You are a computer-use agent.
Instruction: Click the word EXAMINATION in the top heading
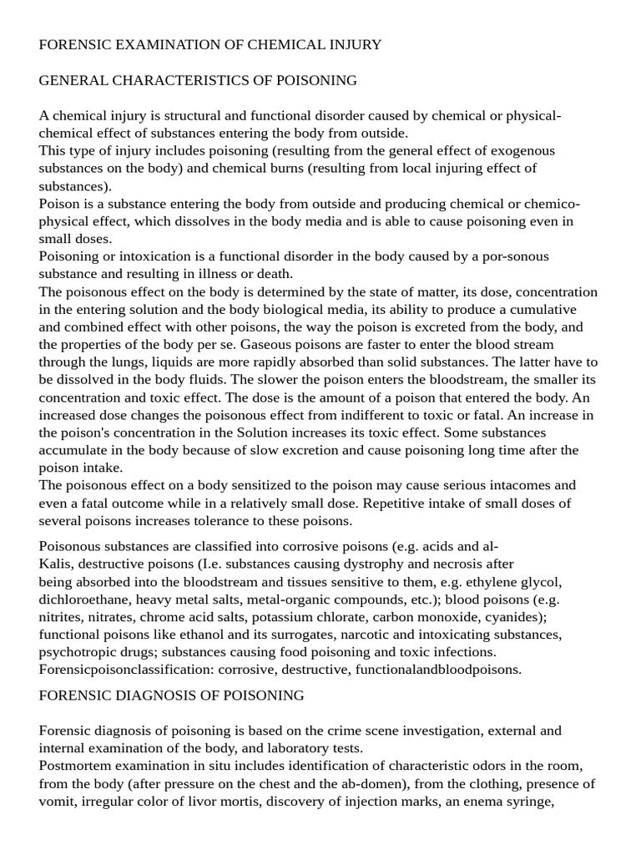(155, 45)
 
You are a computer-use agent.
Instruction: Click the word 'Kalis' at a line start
(55, 564)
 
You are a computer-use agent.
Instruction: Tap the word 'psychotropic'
(78, 651)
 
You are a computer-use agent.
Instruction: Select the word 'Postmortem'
(75, 766)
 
